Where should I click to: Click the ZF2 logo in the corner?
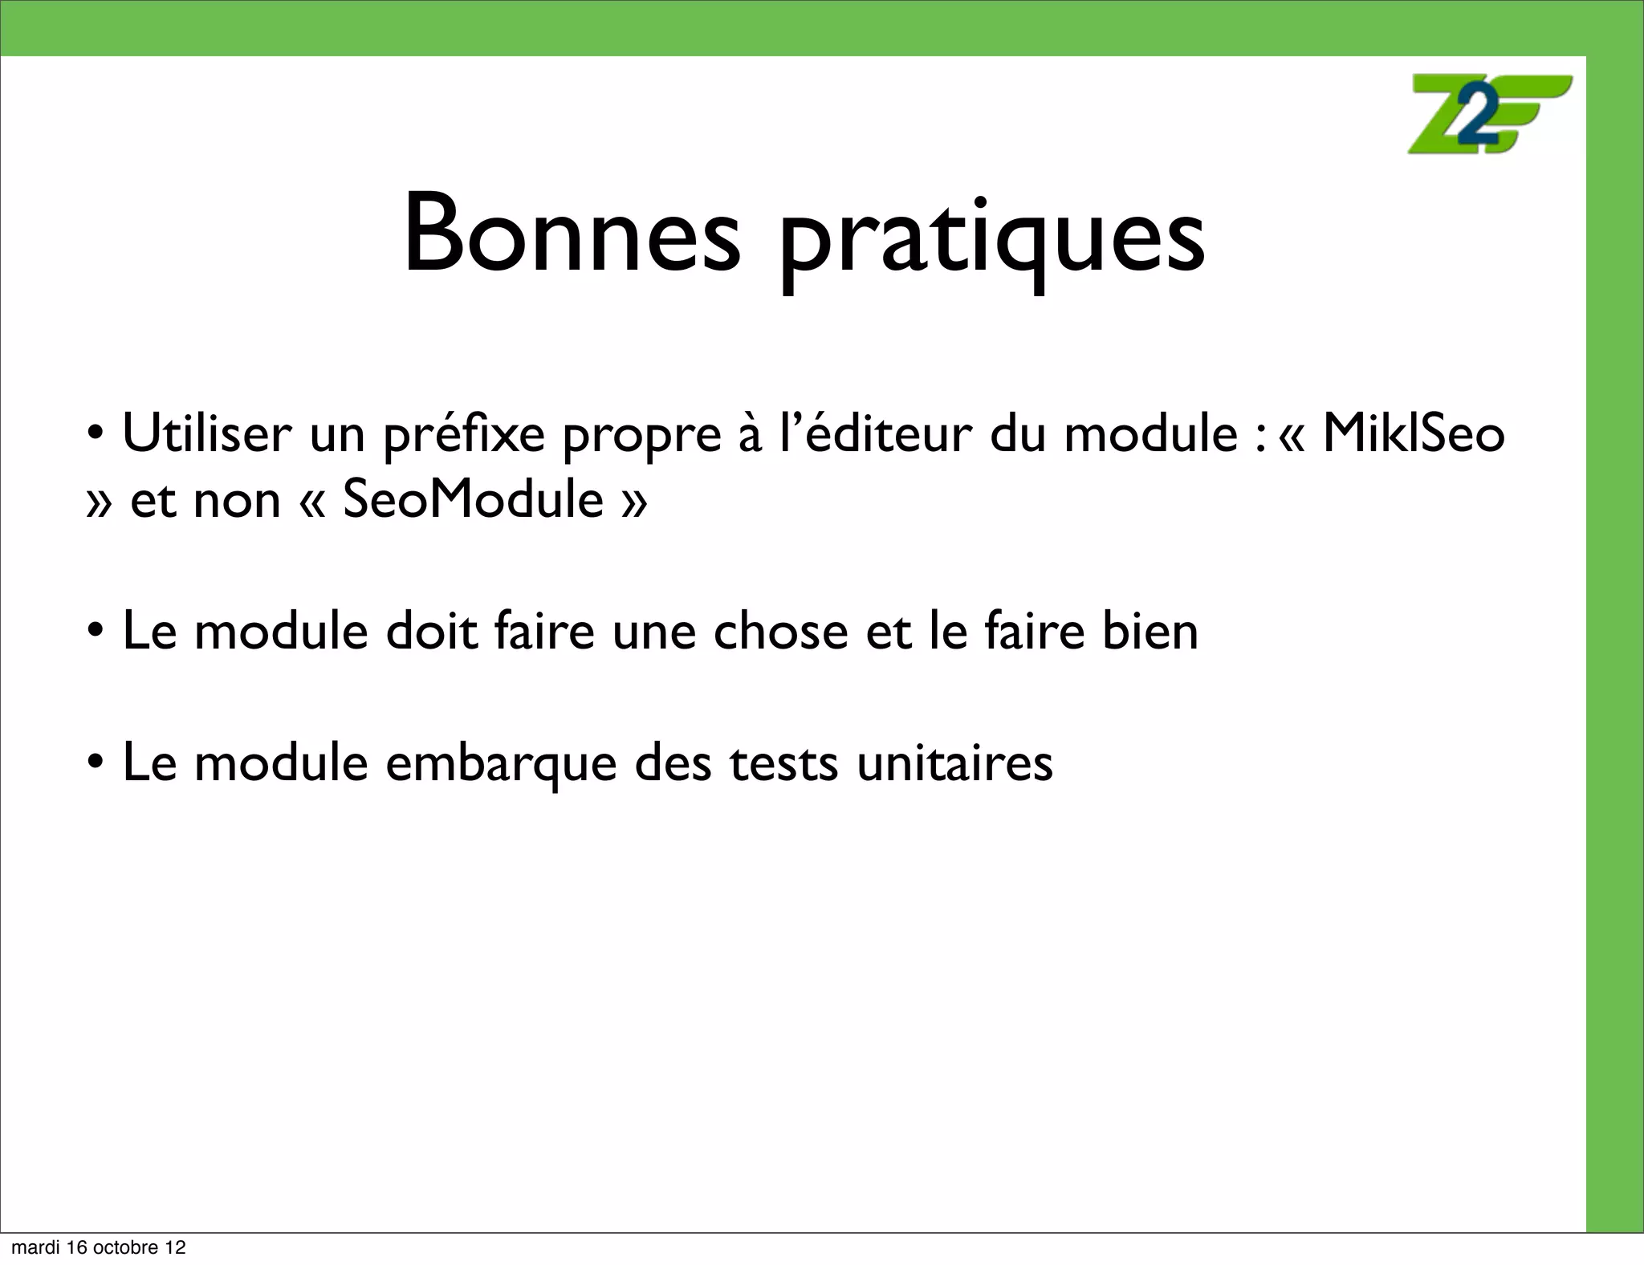pyautogui.click(x=1490, y=114)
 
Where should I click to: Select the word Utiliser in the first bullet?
pyautogui.click(x=207, y=433)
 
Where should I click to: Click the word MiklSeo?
pyautogui.click(x=1413, y=433)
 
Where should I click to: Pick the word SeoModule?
pyautogui.click(x=473, y=499)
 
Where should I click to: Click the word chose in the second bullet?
pyautogui.click(x=780, y=631)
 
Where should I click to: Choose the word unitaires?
pyautogui.click(x=954, y=763)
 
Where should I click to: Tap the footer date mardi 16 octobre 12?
pyautogui.click(x=99, y=1248)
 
